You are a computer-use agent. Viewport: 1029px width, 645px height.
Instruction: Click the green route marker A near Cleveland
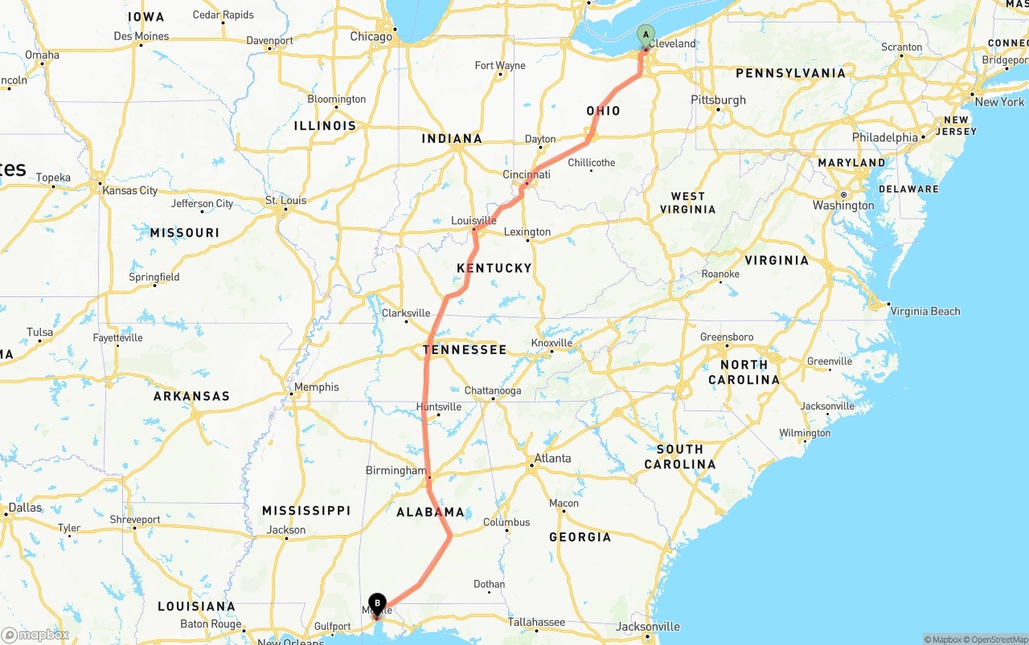pos(646,35)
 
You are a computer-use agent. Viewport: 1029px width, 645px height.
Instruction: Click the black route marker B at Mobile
pos(377,602)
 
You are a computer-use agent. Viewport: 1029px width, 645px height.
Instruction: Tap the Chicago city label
pos(371,36)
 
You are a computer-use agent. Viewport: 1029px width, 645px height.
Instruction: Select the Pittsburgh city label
pos(718,100)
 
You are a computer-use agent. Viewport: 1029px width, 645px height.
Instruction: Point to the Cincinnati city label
pos(527,175)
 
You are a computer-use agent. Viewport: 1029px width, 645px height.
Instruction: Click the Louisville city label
pos(474,221)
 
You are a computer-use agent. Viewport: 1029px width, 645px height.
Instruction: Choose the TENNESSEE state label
pos(465,349)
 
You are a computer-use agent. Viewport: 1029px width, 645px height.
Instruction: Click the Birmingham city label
pos(396,471)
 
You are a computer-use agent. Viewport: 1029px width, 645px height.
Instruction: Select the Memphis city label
pos(316,387)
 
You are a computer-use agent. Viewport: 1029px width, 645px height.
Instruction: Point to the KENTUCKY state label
pos(494,267)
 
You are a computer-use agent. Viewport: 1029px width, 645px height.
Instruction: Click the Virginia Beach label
pos(924,311)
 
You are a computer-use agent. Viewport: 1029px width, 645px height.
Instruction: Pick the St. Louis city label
pos(286,201)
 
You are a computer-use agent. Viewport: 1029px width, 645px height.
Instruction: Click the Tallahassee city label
pos(536,622)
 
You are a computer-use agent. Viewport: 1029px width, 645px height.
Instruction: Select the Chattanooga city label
pos(493,391)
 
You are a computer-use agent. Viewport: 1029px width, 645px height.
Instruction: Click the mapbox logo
pos(35,635)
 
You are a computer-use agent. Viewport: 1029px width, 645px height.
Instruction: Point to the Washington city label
pos(842,206)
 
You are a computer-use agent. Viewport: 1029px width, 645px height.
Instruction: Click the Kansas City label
pos(130,190)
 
